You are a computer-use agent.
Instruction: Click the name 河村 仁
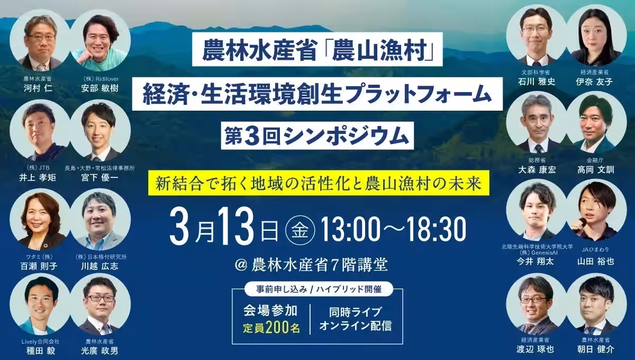click(40, 88)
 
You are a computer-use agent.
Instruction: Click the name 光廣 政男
click(100, 350)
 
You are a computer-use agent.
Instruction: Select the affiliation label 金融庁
click(595, 159)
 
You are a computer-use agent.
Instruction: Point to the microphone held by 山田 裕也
click(583, 221)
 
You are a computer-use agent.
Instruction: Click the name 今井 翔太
click(536, 262)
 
